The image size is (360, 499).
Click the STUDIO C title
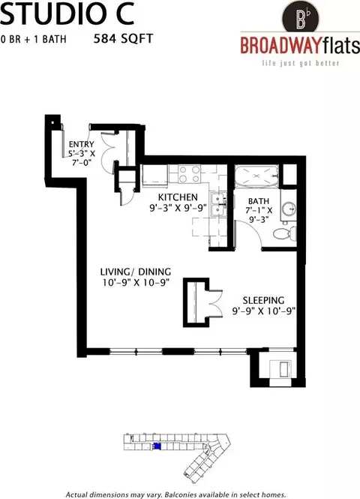(x=67, y=15)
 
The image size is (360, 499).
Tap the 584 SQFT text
(x=124, y=39)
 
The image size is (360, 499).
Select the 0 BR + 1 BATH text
(x=34, y=39)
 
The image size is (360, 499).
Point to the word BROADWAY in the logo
(x=280, y=46)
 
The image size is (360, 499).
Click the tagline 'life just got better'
(x=301, y=63)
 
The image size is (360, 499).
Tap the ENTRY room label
(x=82, y=144)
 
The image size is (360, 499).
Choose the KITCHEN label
(x=178, y=197)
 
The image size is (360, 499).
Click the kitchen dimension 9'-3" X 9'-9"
(x=178, y=208)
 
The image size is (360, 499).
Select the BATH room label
(x=259, y=201)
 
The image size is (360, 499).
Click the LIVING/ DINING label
(x=136, y=272)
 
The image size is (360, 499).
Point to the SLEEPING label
(x=264, y=300)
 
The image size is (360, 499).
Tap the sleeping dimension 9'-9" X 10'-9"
(x=264, y=311)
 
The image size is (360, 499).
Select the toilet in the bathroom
(x=285, y=233)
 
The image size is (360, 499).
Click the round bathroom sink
(x=289, y=209)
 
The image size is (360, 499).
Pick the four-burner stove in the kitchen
(x=190, y=174)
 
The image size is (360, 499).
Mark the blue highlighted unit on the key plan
(x=157, y=446)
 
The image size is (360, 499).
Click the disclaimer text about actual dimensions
(x=175, y=494)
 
